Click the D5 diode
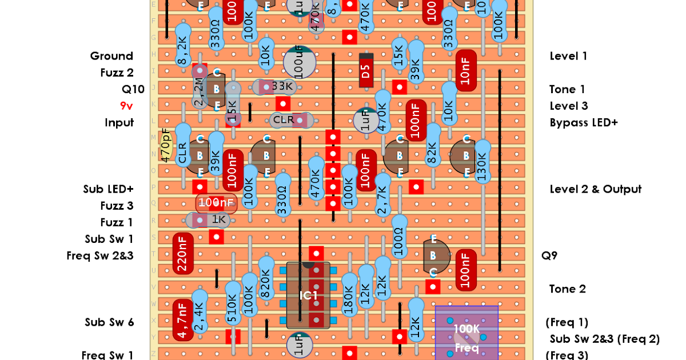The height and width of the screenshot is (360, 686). (366, 71)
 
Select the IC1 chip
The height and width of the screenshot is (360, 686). (308, 295)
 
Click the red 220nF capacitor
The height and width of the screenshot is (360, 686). (182, 254)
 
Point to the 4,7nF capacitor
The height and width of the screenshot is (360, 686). (182, 319)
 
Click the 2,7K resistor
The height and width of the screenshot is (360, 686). (382, 195)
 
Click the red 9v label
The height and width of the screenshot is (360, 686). (126, 106)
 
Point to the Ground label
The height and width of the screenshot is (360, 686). (111, 56)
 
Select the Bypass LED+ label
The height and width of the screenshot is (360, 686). (584, 122)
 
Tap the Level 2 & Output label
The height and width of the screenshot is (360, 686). (595, 189)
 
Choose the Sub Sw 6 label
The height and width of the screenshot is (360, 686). (109, 322)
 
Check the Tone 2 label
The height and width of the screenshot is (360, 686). (567, 289)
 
